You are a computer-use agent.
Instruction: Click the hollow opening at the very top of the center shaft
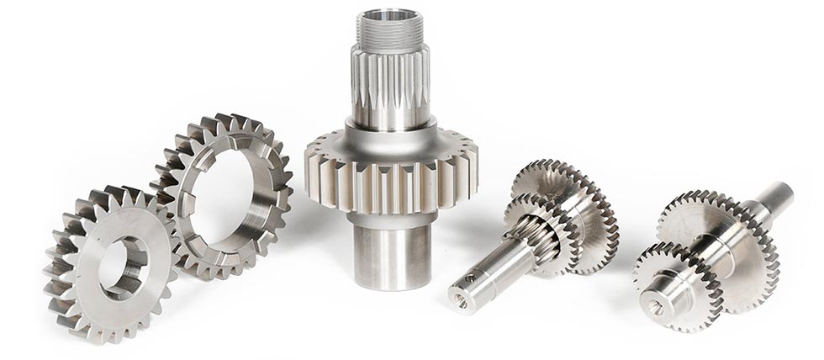click(390, 13)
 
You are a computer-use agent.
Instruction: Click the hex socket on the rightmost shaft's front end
click(658, 310)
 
